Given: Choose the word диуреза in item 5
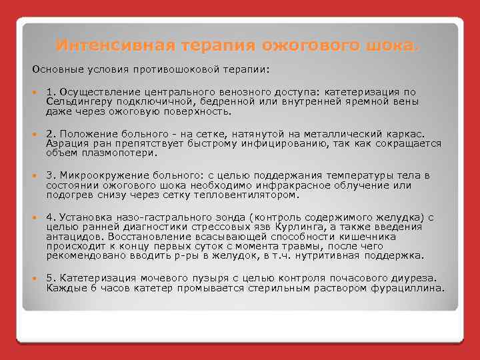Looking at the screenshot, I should pos(413,277).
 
